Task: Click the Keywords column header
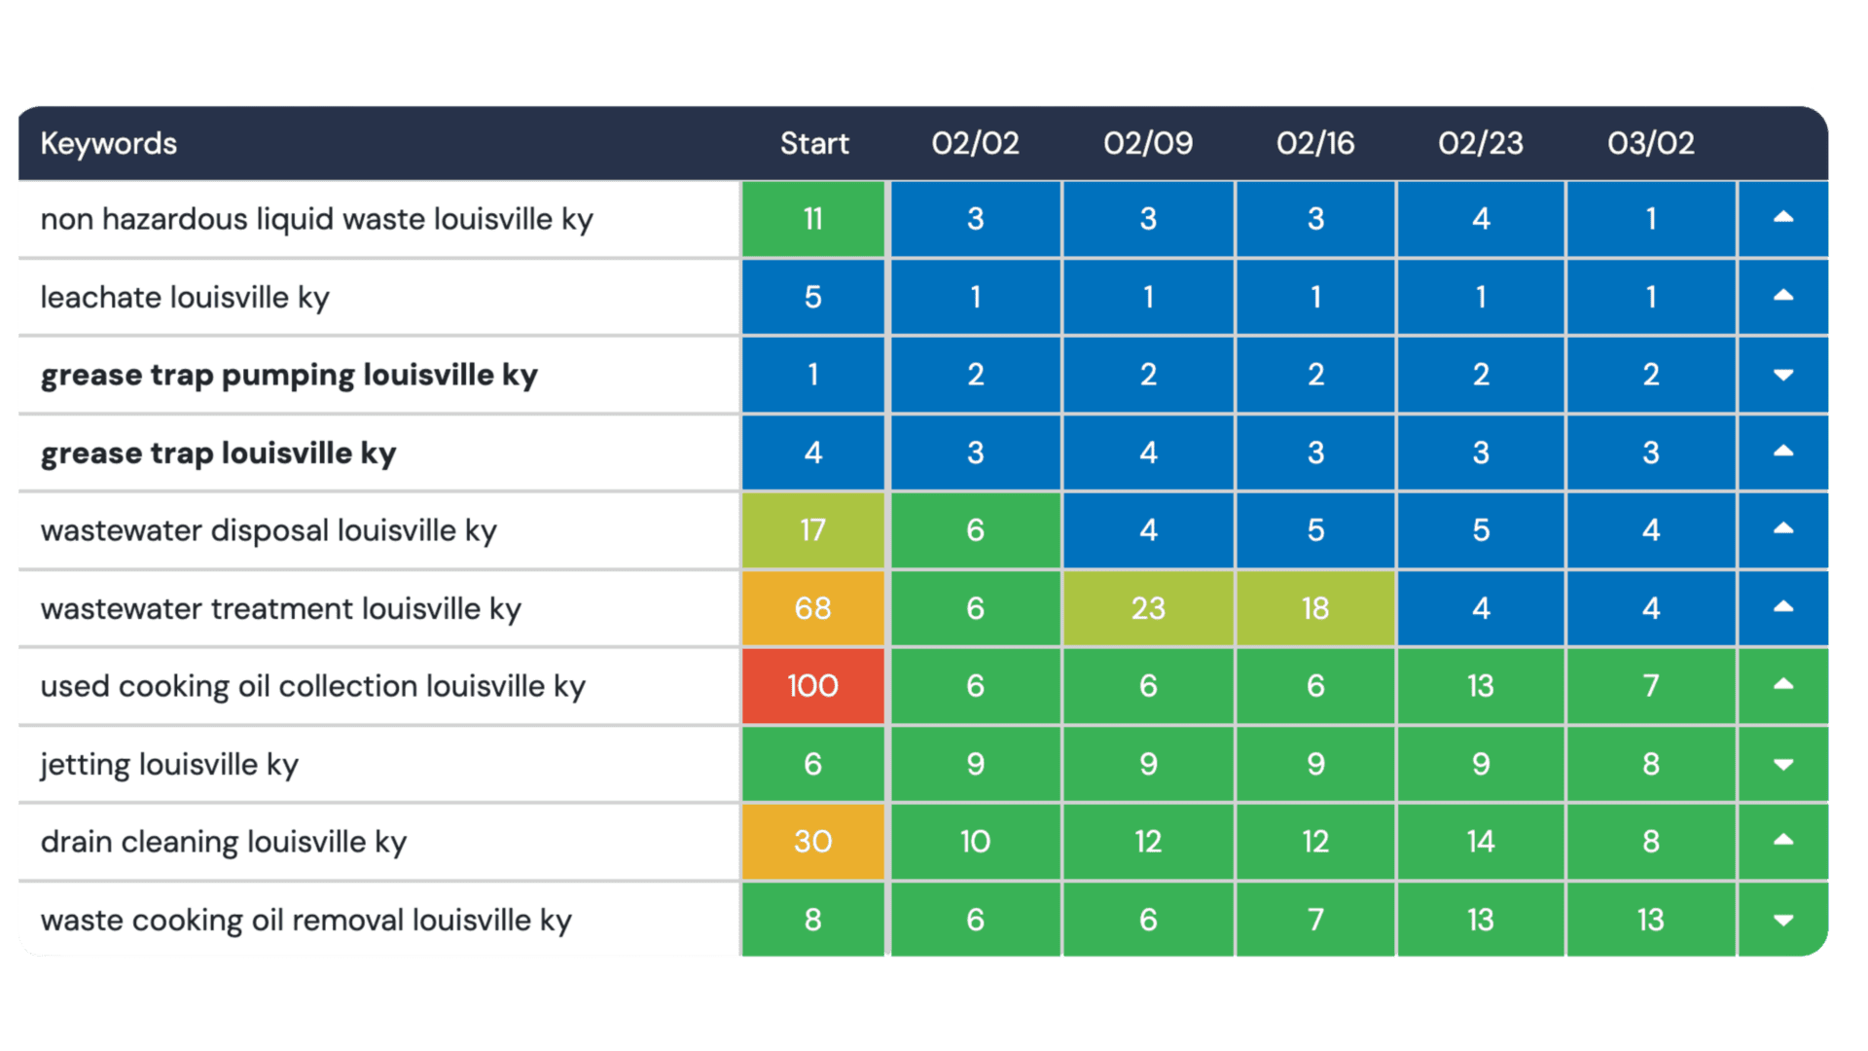(x=109, y=144)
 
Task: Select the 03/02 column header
(x=1650, y=144)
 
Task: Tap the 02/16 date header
(x=1314, y=144)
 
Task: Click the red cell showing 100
(x=812, y=686)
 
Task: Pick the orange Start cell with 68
(x=812, y=608)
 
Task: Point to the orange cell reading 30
(x=812, y=842)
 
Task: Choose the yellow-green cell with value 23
(x=1148, y=608)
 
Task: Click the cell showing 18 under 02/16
(x=1314, y=608)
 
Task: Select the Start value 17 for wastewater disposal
(x=812, y=530)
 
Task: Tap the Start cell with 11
(x=812, y=219)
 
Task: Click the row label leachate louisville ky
(x=185, y=298)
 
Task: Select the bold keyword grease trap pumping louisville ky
(x=289, y=376)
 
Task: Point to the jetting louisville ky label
(x=169, y=765)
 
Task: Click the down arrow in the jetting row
(x=1782, y=765)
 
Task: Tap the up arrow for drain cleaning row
(x=1782, y=840)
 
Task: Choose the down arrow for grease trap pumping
(x=1782, y=376)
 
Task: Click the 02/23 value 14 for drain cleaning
(x=1480, y=842)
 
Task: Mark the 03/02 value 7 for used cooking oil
(x=1650, y=686)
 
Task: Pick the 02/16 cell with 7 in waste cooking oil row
(x=1314, y=920)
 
